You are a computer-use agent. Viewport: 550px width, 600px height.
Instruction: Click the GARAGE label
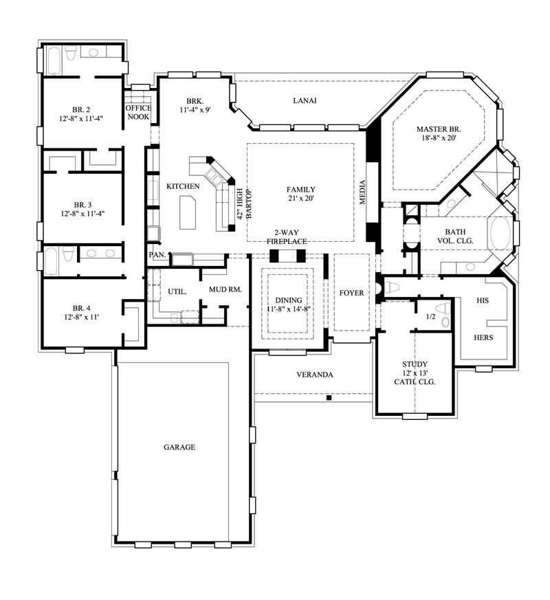coord(179,447)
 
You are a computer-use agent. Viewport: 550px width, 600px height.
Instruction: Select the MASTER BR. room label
coord(439,129)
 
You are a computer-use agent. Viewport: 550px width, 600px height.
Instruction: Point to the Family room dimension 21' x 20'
coord(301,199)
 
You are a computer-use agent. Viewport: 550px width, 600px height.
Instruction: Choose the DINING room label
coord(288,300)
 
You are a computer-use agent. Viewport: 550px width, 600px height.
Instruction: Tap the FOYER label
coord(351,293)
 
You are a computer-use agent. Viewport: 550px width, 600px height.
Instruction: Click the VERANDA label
coord(315,375)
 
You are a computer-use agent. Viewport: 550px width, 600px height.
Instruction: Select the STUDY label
coord(415,364)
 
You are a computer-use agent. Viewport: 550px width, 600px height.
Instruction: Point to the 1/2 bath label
coord(431,317)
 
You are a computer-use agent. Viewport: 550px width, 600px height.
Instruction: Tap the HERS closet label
coord(483,337)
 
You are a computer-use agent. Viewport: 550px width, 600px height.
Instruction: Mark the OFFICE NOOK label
coord(137,113)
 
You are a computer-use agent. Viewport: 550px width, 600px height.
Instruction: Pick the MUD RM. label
coord(225,290)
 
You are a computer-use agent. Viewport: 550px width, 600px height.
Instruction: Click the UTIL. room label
coord(177,291)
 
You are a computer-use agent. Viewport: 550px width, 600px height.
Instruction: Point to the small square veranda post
coord(329,397)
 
